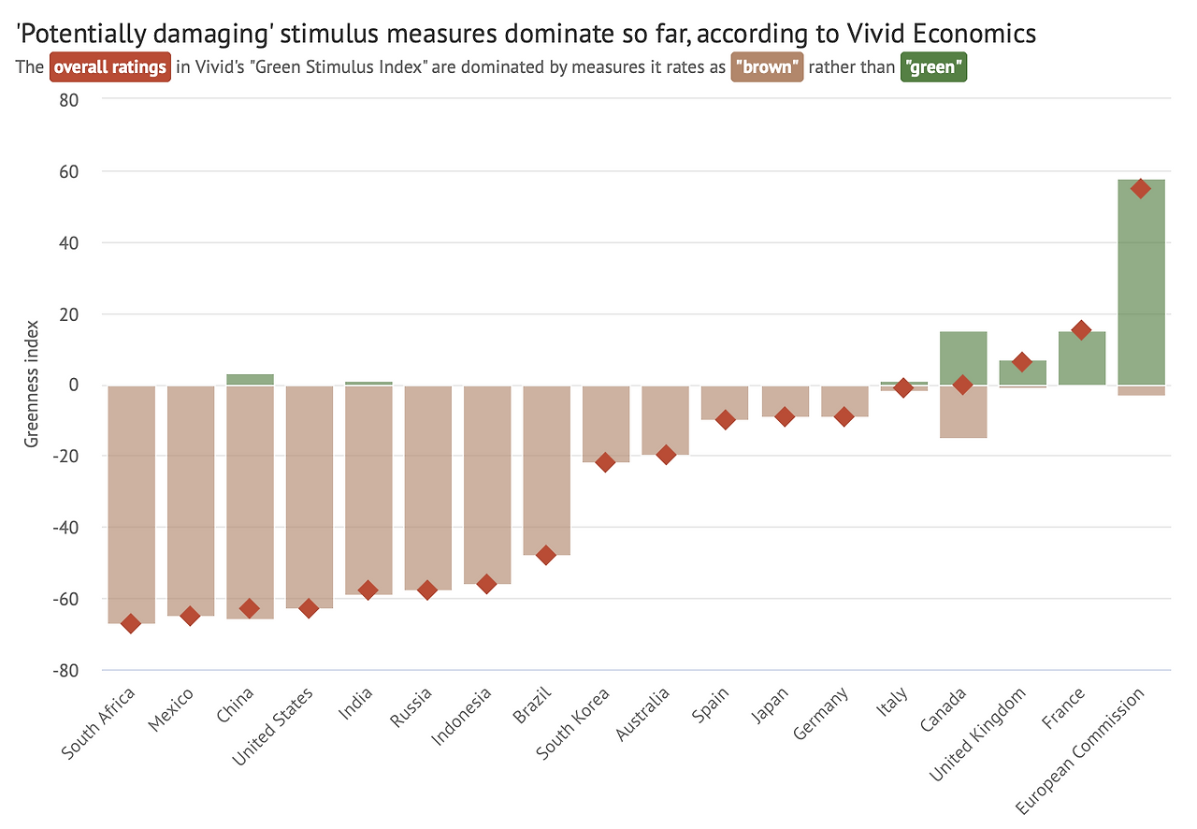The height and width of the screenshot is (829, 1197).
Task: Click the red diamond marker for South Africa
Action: [131, 623]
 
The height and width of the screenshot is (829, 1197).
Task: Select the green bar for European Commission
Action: [1141, 281]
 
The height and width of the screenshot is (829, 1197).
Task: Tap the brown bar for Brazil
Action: [546, 468]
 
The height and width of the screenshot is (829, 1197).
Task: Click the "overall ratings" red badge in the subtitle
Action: [110, 67]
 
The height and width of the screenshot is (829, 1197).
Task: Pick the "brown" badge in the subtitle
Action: [767, 67]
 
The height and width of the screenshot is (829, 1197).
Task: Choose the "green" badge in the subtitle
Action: [932, 67]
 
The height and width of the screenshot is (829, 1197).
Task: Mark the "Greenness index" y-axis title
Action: [32, 384]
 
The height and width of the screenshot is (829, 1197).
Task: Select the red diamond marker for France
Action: [1081, 330]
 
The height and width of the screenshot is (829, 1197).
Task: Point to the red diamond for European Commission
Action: [1141, 188]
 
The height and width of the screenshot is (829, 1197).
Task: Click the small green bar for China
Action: [250, 379]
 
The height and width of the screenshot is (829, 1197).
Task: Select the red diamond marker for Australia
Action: [666, 455]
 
